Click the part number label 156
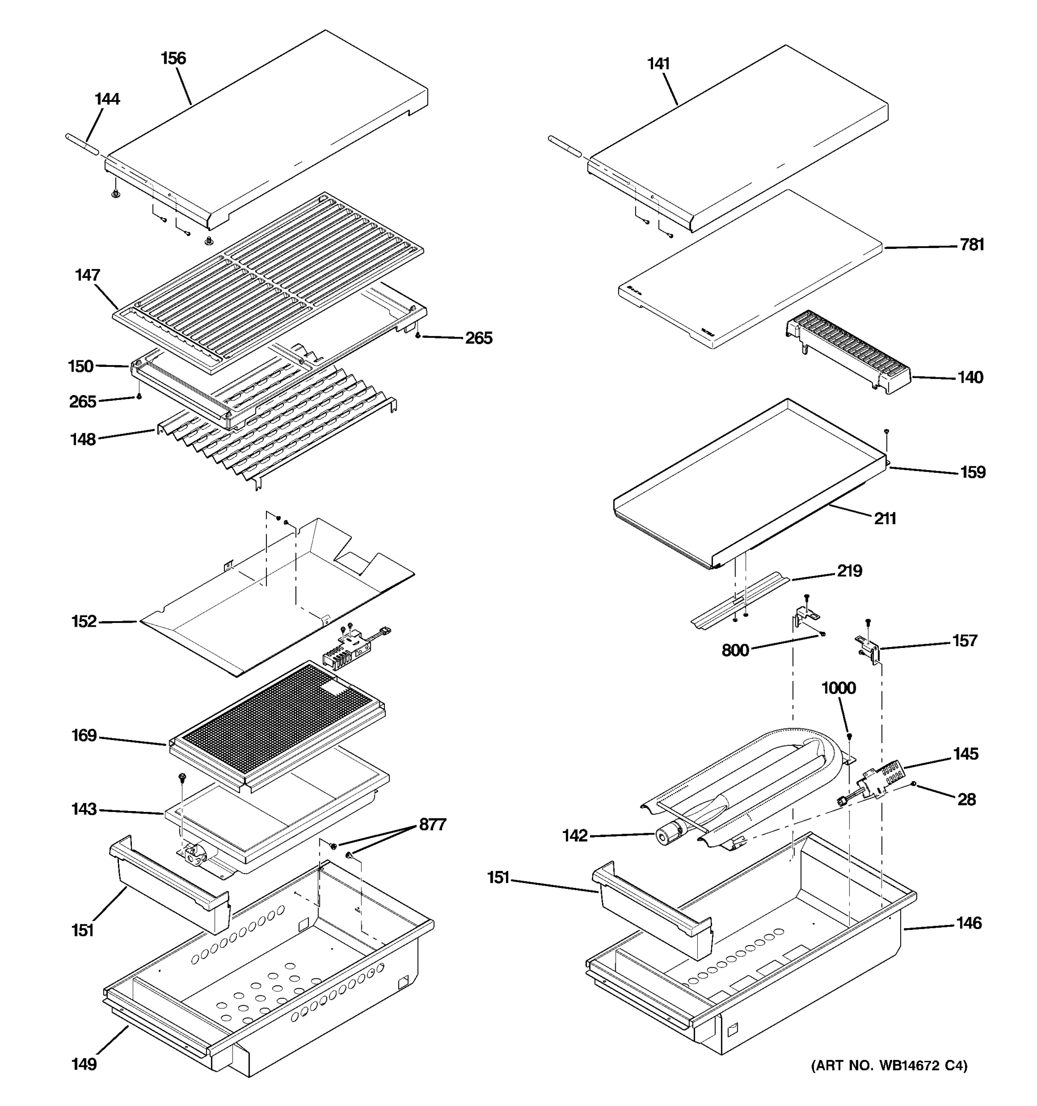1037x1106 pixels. click(173, 59)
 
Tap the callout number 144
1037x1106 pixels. click(107, 99)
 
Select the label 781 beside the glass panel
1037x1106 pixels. click(972, 245)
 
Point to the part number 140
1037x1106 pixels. click(970, 378)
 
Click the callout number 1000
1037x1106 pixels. click(838, 688)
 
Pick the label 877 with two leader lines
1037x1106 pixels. click(432, 824)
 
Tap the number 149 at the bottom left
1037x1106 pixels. click(84, 1064)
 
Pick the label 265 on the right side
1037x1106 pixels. click(478, 338)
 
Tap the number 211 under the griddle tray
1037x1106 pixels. click(884, 519)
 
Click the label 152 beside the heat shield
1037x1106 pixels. click(84, 621)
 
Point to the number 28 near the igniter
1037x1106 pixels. click(966, 800)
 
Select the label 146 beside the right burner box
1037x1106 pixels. click(969, 924)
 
